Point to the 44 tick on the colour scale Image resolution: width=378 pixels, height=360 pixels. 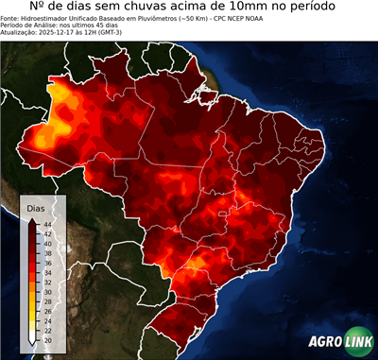tap(47, 222)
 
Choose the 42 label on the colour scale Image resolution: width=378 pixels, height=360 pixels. tap(47, 232)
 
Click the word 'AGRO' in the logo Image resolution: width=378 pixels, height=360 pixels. tap(324, 343)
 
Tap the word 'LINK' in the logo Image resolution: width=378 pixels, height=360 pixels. tap(357, 343)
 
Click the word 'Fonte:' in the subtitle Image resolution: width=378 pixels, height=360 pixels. tap(12, 19)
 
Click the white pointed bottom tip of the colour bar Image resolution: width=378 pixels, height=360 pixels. tap(32, 339)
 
